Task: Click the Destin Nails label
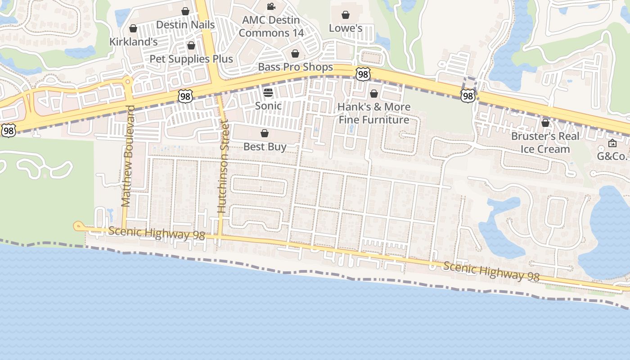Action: point(185,25)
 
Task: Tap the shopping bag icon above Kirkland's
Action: point(133,29)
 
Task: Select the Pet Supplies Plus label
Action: point(191,59)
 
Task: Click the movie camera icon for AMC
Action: point(271,7)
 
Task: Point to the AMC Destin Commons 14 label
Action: point(271,27)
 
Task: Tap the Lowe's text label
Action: point(346,28)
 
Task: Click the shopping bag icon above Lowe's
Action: point(346,15)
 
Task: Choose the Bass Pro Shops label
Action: point(295,67)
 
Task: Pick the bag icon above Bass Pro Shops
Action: point(295,54)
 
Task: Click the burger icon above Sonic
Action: point(268,93)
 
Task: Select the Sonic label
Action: point(268,106)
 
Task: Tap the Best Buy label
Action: point(265,147)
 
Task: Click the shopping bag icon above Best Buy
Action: point(265,134)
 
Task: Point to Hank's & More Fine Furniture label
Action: point(374,113)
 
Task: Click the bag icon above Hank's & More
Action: point(373,94)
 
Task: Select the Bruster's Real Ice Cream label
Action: point(545,142)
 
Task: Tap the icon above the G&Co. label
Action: point(612,144)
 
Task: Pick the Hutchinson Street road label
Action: point(223,166)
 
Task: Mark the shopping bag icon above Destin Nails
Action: point(185,11)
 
